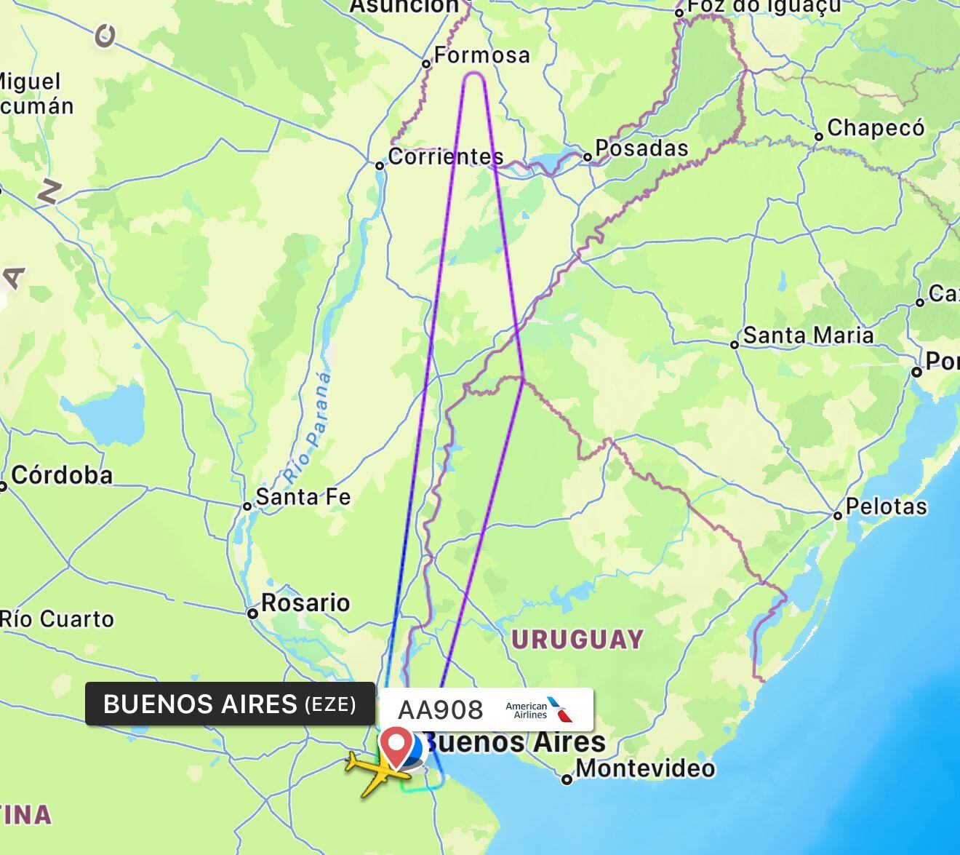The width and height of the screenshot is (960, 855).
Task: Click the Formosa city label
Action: tap(481, 55)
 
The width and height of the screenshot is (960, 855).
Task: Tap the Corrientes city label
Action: tap(445, 156)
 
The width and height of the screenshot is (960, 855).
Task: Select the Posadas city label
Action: tap(641, 148)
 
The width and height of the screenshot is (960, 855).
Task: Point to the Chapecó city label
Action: tap(876, 128)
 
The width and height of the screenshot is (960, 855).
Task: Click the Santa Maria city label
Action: tap(808, 335)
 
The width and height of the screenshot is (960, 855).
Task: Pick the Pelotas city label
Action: tap(887, 506)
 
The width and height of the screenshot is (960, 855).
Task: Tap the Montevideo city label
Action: tap(645, 768)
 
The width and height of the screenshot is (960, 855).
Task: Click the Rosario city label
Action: tap(305, 603)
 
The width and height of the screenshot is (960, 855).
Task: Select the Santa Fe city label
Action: tap(303, 497)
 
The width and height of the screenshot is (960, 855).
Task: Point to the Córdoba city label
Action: tap(62, 476)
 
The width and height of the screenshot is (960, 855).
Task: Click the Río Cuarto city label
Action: tap(57, 619)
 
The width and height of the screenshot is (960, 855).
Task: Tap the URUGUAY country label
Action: tap(577, 640)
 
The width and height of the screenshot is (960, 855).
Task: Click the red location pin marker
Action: tap(396, 745)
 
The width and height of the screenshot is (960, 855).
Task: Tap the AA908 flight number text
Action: tap(441, 710)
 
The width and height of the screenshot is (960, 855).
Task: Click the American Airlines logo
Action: tap(539, 710)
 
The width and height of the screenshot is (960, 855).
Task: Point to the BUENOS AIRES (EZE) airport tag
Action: tap(230, 704)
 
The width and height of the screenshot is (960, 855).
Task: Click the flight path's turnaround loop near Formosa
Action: tap(474, 74)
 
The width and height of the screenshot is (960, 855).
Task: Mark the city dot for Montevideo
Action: tap(567, 780)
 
